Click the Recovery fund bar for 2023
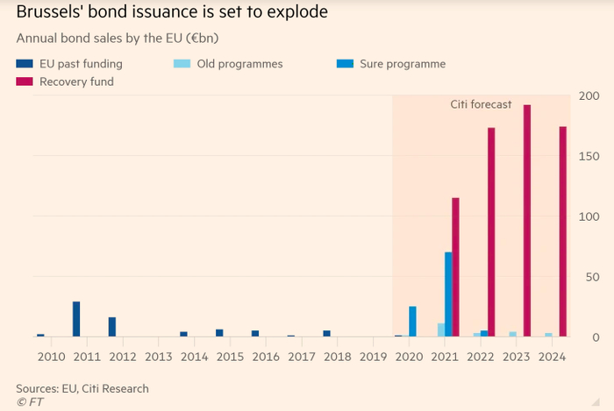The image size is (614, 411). coord(527,220)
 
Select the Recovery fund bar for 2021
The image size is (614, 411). coord(455,266)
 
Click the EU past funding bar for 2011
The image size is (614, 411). coord(76,319)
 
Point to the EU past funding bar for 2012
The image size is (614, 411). coord(112,326)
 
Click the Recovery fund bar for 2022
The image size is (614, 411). coord(491,231)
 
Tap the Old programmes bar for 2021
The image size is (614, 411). coord(441,330)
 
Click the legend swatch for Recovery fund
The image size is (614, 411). coord(24,81)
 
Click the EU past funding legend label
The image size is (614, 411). coord(80,64)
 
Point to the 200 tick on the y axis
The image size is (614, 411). coord(589,96)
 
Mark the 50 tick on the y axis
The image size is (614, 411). coord(593,277)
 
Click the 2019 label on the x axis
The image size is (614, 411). coord(374,357)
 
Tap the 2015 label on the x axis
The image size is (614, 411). coord(230,357)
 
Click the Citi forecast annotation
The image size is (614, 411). coord(480,105)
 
